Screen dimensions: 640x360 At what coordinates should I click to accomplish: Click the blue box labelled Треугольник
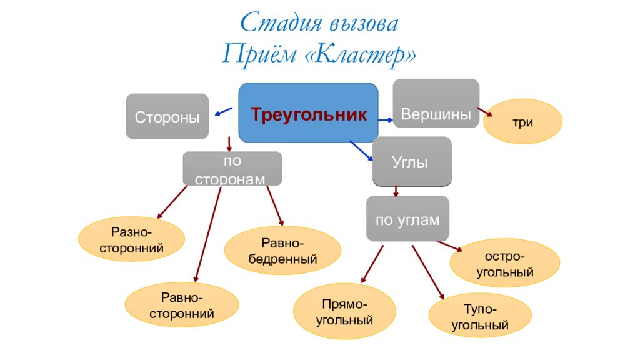(308, 113)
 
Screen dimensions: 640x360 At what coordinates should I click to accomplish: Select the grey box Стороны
(167, 116)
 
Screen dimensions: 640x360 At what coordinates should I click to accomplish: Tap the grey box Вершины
(436, 104)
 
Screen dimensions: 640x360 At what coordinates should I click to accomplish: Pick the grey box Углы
(412, 162)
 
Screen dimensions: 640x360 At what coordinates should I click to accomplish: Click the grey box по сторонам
(232, 169)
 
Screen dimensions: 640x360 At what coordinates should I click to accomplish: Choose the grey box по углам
(407, 219)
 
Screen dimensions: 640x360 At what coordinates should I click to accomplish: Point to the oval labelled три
(523, 121)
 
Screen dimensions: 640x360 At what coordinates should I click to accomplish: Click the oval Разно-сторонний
(131, 239)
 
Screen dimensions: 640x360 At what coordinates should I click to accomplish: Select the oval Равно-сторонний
(182, 305)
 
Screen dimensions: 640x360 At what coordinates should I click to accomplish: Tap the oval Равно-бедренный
(282, 250)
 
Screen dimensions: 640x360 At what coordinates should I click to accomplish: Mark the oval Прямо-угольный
(344, 311)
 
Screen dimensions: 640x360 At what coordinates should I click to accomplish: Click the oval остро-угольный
(505, 263)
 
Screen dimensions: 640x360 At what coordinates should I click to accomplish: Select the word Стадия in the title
(281, 23)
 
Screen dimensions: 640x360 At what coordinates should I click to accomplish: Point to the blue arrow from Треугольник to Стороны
(224, 112)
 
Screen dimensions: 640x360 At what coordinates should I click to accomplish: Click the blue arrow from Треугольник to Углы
(362, 151)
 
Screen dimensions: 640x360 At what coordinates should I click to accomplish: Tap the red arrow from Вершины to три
(485, 112)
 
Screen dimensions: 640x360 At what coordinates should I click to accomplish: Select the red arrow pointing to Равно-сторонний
(207, 234)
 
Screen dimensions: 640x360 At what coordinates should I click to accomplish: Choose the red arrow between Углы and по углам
(396, 191)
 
